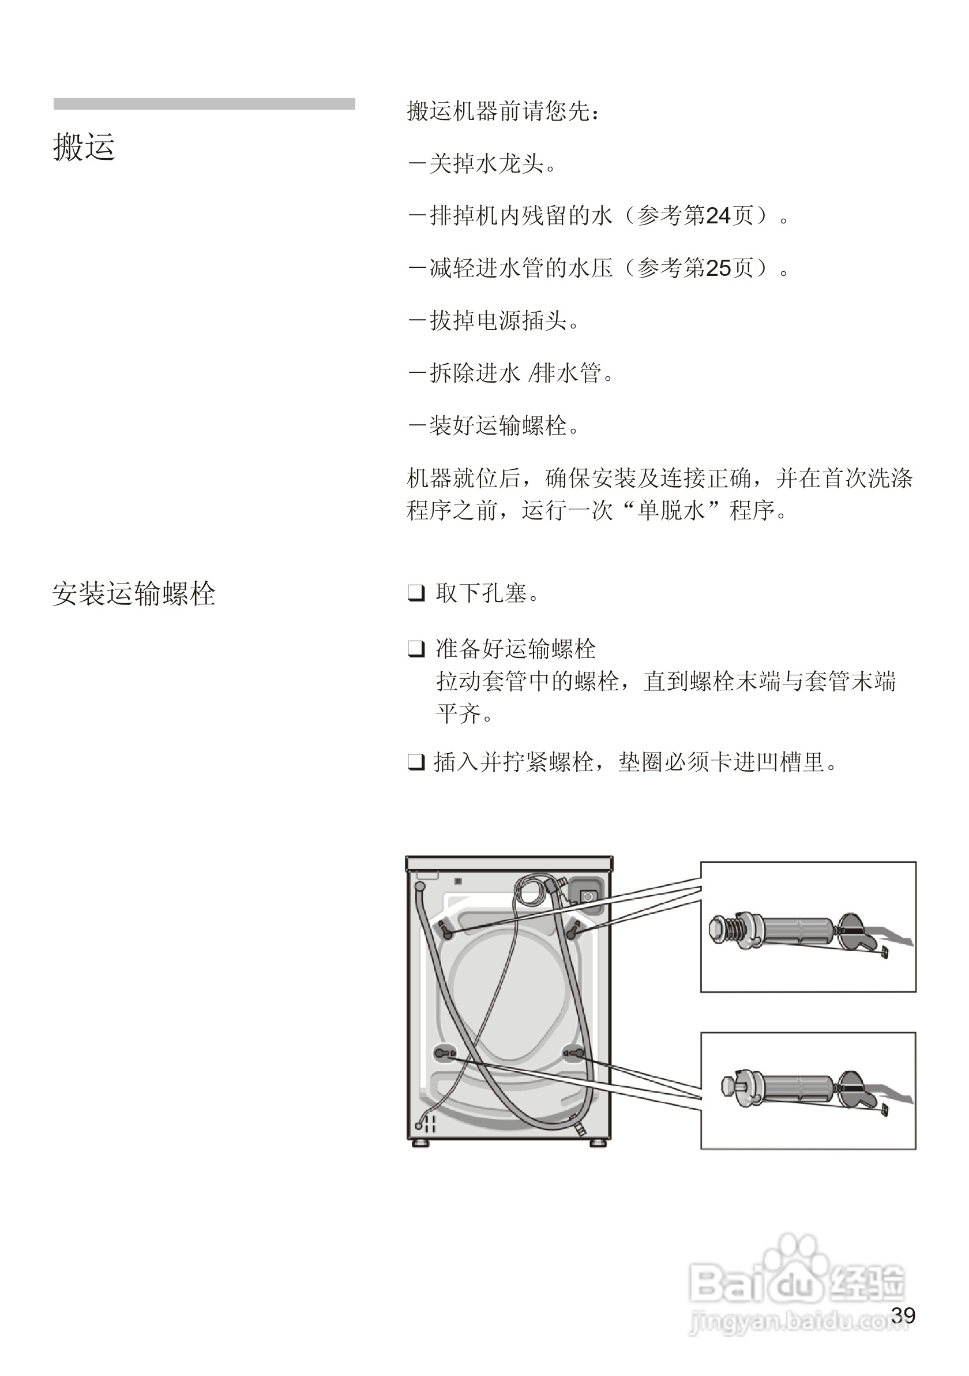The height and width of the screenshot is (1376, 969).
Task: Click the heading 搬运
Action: (x=84, y=147)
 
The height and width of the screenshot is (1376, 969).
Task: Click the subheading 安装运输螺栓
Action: (x=134, y=594)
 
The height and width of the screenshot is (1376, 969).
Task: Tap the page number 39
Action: (x=903, y=1315)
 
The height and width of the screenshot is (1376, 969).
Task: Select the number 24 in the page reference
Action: (x=719, y=216)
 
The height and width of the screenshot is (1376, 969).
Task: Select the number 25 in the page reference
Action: (x=719, y=268)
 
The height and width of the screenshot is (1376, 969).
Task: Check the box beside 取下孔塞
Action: (x=416, y=593)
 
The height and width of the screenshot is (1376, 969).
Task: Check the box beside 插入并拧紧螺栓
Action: (x=416, y=762)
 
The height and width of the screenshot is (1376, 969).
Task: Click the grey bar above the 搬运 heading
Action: (x=204, y=104)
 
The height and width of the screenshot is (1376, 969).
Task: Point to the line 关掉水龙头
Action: (x=482, y=163)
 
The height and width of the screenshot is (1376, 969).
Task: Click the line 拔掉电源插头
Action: (x=494, y=321)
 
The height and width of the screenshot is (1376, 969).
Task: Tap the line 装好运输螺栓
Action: (x=494, y=425)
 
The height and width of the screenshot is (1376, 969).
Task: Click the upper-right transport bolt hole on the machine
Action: (x=574, y=932)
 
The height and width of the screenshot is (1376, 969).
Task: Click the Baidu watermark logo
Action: (x=797, y=1282)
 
